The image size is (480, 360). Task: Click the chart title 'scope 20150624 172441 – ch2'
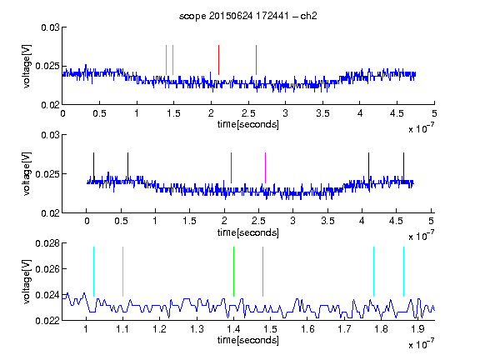coord(248,16)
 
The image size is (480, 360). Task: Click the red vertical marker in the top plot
coord(218,60)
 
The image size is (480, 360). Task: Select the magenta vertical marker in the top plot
coord(256,60)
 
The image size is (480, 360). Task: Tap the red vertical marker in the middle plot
coord(231,167)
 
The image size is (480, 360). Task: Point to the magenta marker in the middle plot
coord(265,167)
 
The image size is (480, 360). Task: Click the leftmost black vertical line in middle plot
coord(94,167)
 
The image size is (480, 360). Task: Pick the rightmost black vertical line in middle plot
coord(403,167)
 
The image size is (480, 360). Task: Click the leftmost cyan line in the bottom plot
coord(93,272)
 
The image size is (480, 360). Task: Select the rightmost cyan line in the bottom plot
coord(403,272)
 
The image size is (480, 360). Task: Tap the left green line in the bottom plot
coord(233,272)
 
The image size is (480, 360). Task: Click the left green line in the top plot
coord(166,60)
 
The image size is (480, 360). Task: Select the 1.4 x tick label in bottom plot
coord(233,329)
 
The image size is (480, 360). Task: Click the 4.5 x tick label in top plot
coord(397,113)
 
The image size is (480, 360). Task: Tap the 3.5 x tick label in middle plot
coord(327,221)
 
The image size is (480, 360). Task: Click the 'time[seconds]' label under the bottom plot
coord(248,340)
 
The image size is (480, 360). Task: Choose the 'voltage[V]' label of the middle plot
coord(27,174)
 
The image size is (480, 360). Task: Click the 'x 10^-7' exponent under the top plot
coord(422,128)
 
